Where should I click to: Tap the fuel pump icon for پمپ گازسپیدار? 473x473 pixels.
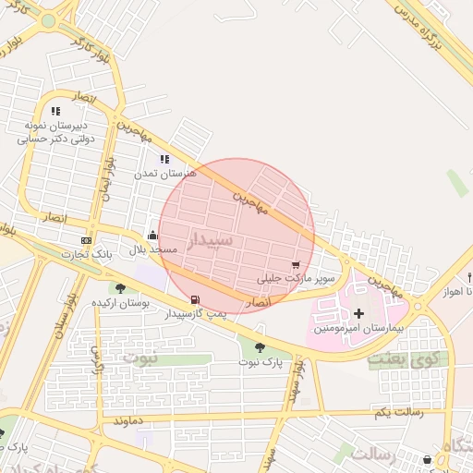pyautogui.click(x=195, y=299)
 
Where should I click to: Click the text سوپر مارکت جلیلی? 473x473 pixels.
pyautogui.click(x=297, y=278)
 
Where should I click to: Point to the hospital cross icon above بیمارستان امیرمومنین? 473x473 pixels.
pyautogui.click(x=359, y=314)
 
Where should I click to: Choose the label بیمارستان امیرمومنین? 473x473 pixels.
pyautogui.click(x=358, y=328)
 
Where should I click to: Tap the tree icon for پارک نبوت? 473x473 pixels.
pyautogui.click(x=260, y=347)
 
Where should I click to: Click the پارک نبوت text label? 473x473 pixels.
pyautogui.click(x=260, y=361)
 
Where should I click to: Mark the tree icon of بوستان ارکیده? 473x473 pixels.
pyautogui.click(x=121, y=288)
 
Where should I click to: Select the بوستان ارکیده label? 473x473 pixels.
pyautogui.click(x=121, y=302)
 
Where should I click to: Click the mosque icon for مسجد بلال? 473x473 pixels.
pyautogui.click(x=152, y=236)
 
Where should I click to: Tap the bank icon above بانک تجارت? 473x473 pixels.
pyautogui.click(x=87, y=240)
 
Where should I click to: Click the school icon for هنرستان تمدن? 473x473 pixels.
pyautogui.click(x=165, y=159)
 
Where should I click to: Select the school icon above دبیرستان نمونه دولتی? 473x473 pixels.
pyautogui.click(x=55, y=111)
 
